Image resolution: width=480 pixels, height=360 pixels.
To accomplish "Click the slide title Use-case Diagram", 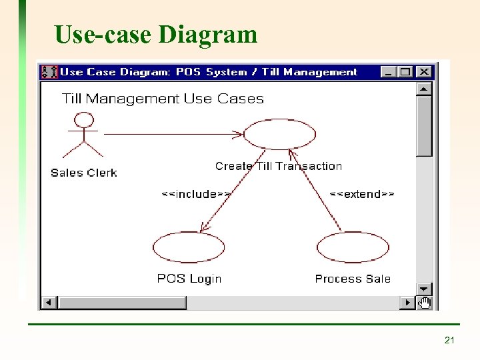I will coord(156,34).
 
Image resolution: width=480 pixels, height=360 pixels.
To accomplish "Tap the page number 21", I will coord(449,341).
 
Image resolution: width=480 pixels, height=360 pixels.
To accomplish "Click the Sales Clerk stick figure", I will coord(83,137).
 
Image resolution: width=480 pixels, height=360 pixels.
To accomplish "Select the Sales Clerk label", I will coord(84,173).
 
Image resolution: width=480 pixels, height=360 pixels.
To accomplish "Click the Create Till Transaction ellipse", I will coord(279,135).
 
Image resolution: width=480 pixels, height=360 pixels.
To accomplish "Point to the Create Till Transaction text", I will coord(279,166).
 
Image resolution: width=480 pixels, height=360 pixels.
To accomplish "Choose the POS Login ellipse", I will coord(189,247).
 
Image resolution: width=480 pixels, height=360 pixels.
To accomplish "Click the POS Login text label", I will coord(189,279).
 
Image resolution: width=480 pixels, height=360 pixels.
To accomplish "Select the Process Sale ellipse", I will coord(353,247).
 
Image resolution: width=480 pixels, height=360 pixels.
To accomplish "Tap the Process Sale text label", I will coord(353,279).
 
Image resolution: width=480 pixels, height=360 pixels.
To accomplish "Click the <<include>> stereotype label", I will coord(196,194).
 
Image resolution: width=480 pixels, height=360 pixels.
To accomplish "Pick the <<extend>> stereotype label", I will coord(363,194).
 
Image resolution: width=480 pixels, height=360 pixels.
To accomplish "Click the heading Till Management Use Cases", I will coord(163,99).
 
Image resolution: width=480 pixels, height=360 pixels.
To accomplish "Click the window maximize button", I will coord(405,72).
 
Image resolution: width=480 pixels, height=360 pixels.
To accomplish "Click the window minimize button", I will coord(389,72).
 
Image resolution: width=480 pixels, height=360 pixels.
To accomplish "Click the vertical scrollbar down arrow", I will coord(425,288).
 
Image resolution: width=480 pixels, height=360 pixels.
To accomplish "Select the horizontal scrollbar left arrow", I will coord(49,303).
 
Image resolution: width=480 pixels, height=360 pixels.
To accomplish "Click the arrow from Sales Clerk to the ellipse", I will coord(173,134).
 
